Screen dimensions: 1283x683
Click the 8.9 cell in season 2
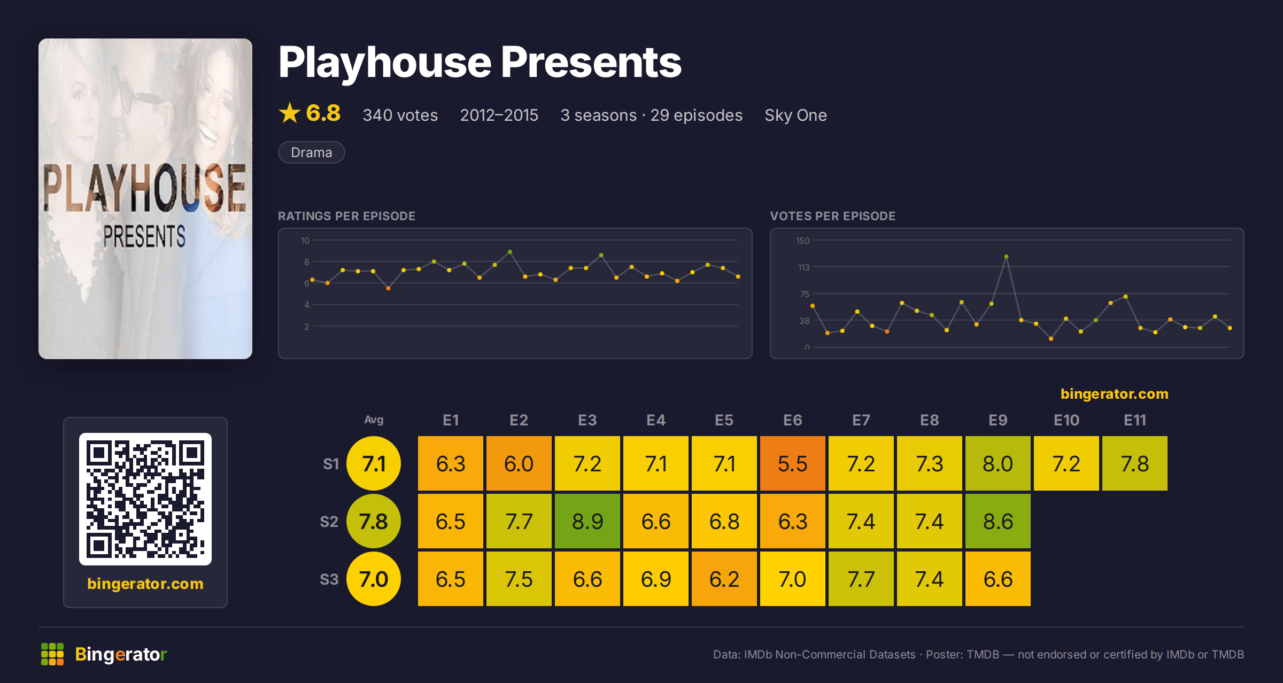(587, 521)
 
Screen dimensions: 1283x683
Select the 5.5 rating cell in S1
(792, 463)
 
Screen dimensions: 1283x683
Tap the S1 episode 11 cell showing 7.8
(1134, 463)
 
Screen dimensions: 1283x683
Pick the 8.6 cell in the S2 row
(998, 521)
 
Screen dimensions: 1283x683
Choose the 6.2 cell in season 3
(724, 579)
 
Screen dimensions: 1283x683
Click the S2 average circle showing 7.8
(374, 521)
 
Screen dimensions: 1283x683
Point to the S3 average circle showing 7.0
(374, 579)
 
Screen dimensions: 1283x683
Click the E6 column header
(792, 420)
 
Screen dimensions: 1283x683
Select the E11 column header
(1134, 420)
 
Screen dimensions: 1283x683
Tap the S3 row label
(329, 579)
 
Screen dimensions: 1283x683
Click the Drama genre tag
(311, 152)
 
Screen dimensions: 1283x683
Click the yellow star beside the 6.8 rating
(290, 113)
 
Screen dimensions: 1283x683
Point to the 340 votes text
(400, 115)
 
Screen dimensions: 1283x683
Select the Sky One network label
(795, 115)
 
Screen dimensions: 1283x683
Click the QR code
(145, 499)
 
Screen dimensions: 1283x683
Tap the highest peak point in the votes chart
(1006, 257)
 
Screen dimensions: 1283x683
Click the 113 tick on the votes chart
(803, 267)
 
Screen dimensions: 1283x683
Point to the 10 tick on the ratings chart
(305, 240)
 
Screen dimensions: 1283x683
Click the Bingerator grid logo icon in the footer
(52, 654)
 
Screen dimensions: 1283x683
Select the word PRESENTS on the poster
(144, 236)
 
